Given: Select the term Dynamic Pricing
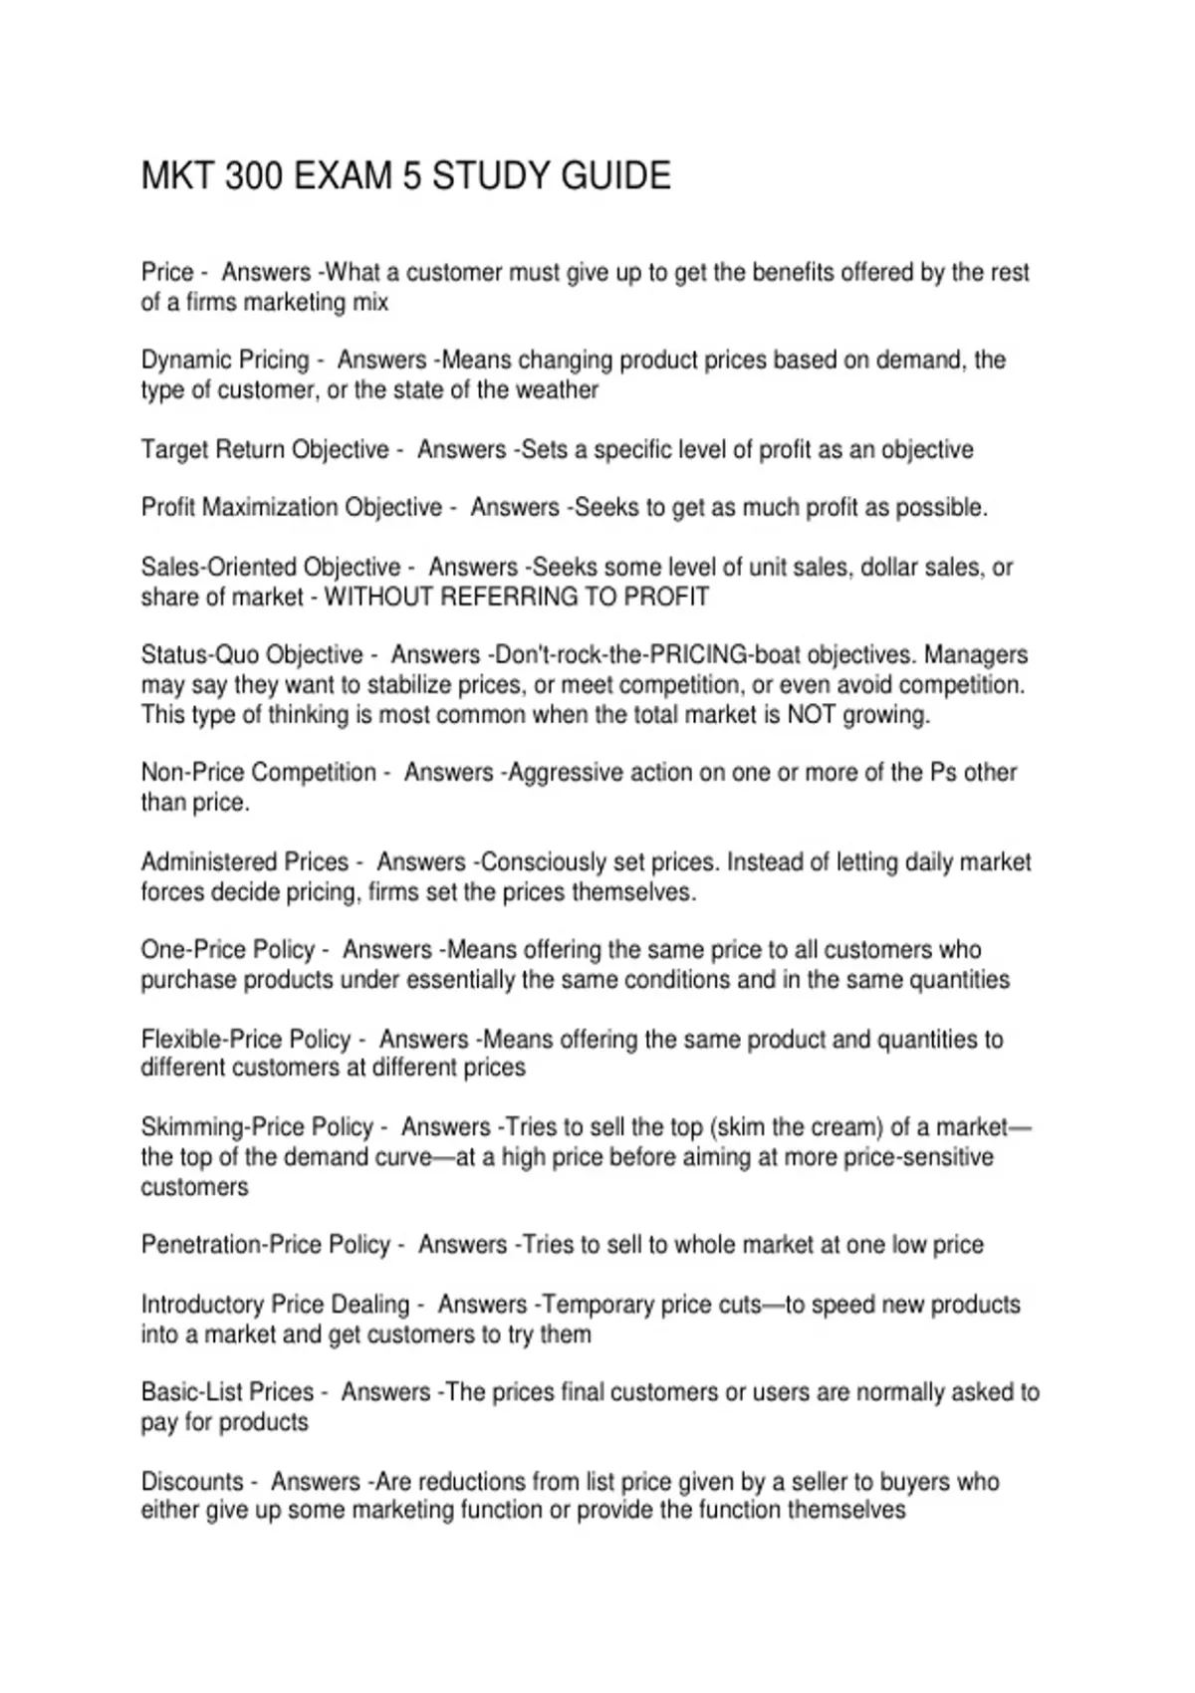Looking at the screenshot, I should (225, 360).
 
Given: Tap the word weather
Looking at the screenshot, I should (561, 389).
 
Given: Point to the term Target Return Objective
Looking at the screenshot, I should (265, 449).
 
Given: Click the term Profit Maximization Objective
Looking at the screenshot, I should (292, 508).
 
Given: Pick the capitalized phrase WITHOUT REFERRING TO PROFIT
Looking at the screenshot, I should (517, 597).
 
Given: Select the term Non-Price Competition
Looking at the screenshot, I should (259, 773).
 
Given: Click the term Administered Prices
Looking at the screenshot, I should (245, 861).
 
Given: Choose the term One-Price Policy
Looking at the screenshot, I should (228, 950).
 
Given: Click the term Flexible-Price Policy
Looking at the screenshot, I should (246, 1039).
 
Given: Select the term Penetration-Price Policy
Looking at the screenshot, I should (266, 1245).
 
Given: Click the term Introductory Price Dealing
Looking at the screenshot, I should (276, 1305).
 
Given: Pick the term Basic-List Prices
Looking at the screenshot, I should (227, 1392).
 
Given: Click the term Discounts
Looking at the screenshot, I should (192, 1481).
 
